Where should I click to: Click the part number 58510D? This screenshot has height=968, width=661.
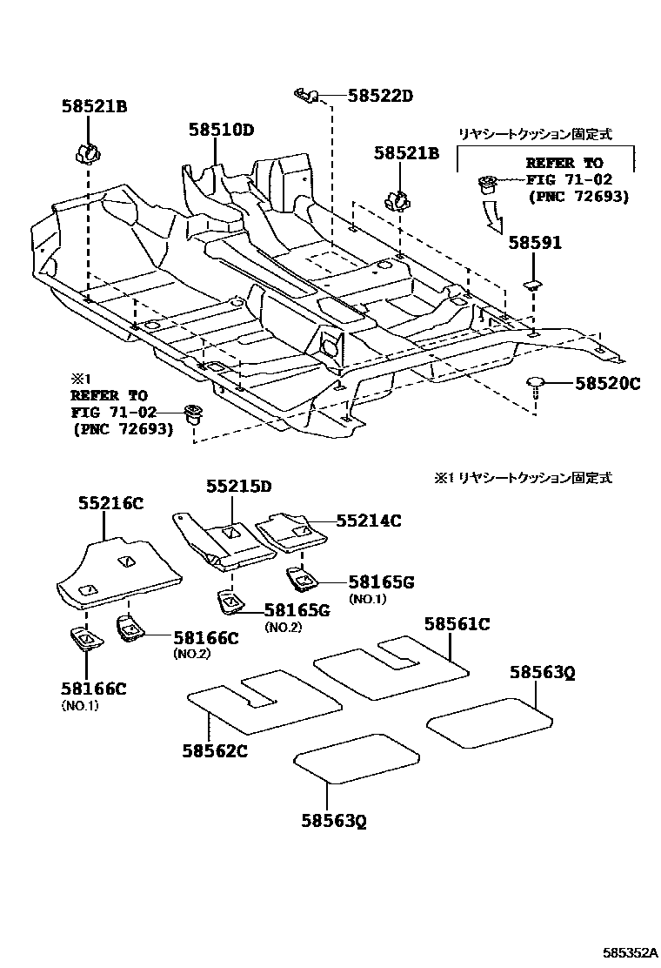pyautogui.click(x=221, y=131)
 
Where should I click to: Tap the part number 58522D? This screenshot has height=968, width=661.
pyautogui.click(x=381, y=96)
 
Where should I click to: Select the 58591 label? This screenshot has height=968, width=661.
pyautogui.click(x=535, y=244)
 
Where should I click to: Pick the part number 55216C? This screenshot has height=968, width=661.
pyautogui.click(x=110, y=503)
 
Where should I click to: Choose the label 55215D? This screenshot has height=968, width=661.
pyautogui.click(x=238, y=487)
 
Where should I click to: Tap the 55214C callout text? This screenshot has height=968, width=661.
pyautogui.click(x=369, y=521)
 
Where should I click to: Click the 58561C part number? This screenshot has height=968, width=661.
pyautogui.click(x=457, y=623)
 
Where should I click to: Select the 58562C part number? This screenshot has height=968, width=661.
pyautogui.click(x=215, y=750)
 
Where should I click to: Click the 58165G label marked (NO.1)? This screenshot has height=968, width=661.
pyautogui.click(x=382, y=582)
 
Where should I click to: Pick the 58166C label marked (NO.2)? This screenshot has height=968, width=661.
pyautogui.click(x=205, y=638)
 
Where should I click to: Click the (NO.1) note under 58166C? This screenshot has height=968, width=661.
pyautogui.click(x=80, y=706)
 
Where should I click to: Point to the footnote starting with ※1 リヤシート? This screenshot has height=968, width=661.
pyautogui.click(x=523, y=478)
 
